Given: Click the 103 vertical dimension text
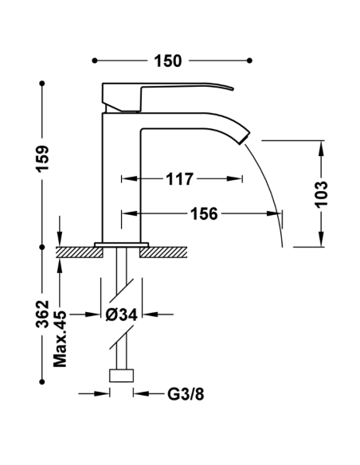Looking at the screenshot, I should pos(322,193).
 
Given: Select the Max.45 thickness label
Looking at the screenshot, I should pos(61,338).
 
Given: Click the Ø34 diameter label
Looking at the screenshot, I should pos(122,315).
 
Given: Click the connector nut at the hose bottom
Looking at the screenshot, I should pos(122,377).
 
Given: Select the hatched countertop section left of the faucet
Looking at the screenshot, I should pos(80,252).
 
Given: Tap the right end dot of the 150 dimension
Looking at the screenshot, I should pos(252,61).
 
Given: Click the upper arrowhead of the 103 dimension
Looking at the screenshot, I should pos(322,148).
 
